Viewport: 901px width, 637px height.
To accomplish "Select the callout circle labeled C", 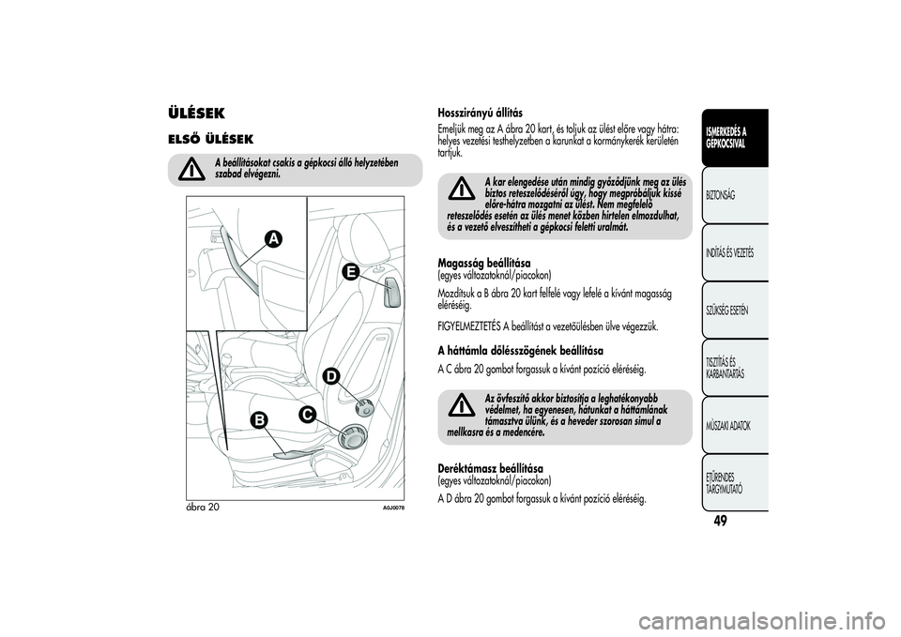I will [307, 413].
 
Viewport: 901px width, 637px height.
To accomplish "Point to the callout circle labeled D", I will [331, 376].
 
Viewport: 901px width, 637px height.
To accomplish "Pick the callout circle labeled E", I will [350, 272].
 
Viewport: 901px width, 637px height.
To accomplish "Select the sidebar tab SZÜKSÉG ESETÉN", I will [729, 311].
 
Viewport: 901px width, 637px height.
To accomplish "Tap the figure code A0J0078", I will [391, 507].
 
